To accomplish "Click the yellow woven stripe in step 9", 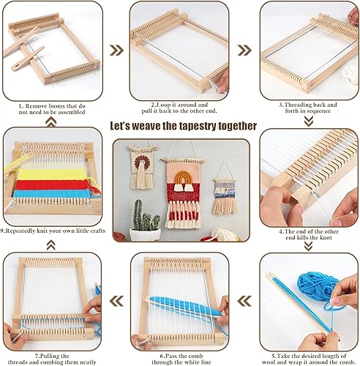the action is pos(53,174).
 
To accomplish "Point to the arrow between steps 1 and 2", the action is pos(116,50).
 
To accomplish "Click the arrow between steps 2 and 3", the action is pos(244,50).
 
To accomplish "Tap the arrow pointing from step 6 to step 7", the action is pos(116,301).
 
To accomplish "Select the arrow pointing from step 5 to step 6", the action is pos(244,301).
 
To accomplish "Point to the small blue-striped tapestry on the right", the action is pos(225,195).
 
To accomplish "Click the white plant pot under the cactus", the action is pos(144,235).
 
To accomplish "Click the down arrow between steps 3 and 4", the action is pos(309,121).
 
